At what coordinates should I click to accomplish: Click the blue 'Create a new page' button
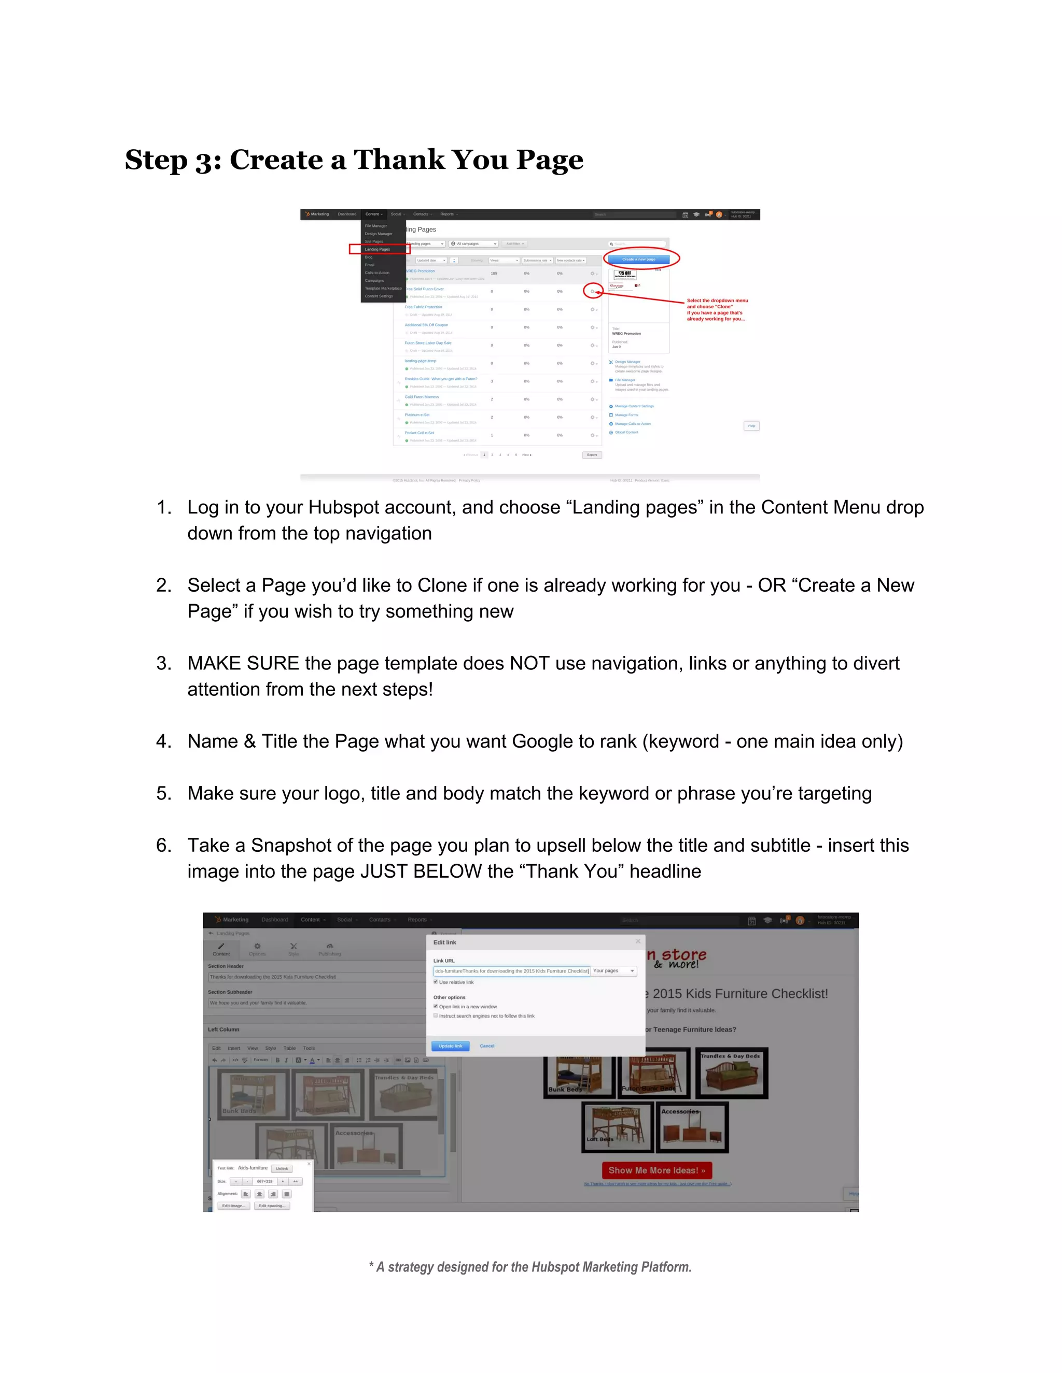pyautogui.click(x=638, y=259)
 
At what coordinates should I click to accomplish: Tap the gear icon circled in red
pyautogui.click(x=592, y=291)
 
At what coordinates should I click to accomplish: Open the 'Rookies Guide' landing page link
pyautogui.click(x=440, y=379)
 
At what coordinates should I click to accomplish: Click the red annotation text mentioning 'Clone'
pyautogui.click(x=717, y=309)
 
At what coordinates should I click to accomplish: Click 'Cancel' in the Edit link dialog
pyautogui.click(x=487, y=1046)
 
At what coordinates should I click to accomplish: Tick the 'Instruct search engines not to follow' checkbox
pyautogui.click(x=436, y=1016)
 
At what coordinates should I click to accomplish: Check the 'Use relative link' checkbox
pyautogui.click(x=436, y=982)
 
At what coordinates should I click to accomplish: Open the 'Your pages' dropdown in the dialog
pyautogui.click(x=614, y=970)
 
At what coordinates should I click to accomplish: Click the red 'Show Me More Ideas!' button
pyautogui.click(x=656, y=1170)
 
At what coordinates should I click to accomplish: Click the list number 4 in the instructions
pyautogui.click(x=163, y=741)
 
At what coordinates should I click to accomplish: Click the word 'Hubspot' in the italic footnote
pyautogui.click(x=552, y=1267)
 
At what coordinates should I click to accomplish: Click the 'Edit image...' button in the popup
pyautogui.click(x=233, y=1206)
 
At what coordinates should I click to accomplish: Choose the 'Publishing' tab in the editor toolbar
pyautogui.click(x=330, y=949)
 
